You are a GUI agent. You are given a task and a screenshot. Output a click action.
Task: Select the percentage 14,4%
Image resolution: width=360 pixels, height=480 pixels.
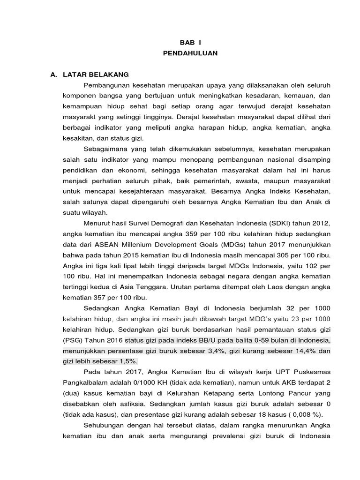click(286, 350)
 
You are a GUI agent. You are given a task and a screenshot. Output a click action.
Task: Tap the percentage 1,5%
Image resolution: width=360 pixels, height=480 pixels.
click(127, 360)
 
